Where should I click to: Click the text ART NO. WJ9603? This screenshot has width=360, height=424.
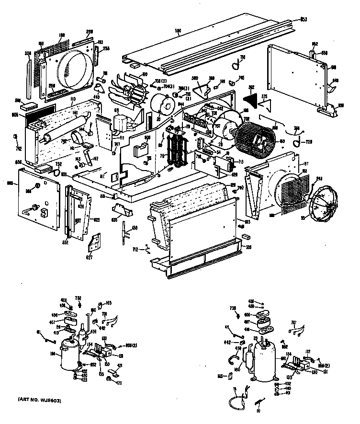(39, 400)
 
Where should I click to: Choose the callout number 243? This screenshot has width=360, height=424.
(319, 179)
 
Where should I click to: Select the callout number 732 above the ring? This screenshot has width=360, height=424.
(57, 163)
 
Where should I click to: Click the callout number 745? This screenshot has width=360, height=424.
(241, 78)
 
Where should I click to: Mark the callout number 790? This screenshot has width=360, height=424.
(241, 187)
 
